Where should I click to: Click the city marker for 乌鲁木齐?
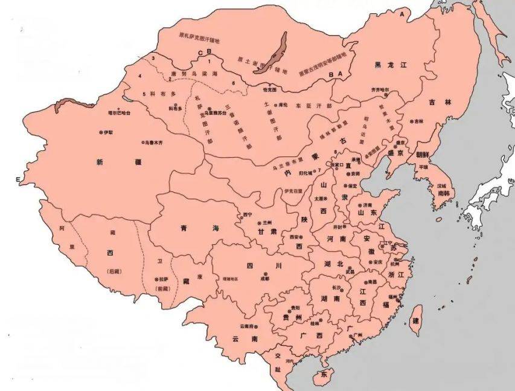(x=144, y=143)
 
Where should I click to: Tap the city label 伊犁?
(x=107, y=132)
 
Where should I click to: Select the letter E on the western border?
(x=18, y=180)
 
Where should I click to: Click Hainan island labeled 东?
(x=324, y=375)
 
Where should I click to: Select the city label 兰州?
(x=267, y=223)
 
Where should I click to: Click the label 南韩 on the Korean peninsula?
(x=443, y=193)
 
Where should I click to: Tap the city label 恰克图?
(x=270, y=89)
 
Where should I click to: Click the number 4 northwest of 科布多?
(x=139, y=76)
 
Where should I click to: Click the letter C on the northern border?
(x=200, y=53)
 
